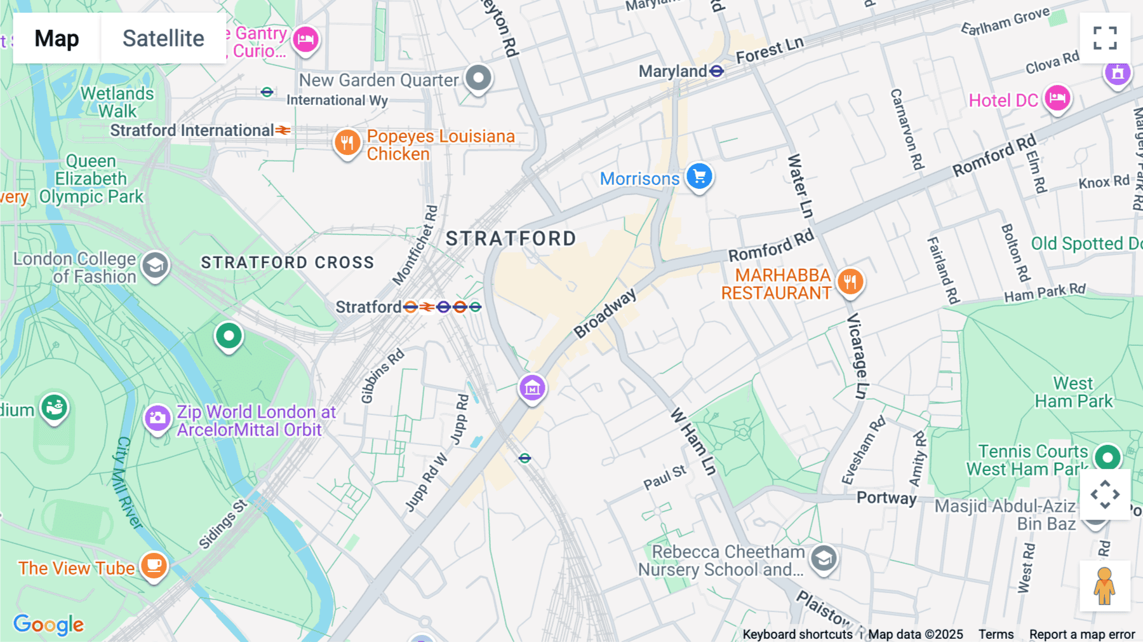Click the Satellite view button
point(163,38)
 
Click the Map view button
point(57,38)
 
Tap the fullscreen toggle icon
point(1105,38)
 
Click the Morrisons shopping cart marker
point(699,177)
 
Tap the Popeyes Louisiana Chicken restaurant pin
point(347,143)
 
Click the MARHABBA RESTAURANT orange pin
point(850,281)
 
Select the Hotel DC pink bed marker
point(1057,99)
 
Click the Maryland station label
point(672,71)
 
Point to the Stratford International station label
point(192,130)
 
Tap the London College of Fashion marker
point(155,266)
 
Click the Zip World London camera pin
point(157,418)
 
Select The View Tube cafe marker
point(154,564)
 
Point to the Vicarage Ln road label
point(857,356)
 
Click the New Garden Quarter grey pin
point(478,78)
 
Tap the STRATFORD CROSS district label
point(287,263)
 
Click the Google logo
point(48,624)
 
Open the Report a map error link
point(1082,634)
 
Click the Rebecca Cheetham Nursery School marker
point(824,559)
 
